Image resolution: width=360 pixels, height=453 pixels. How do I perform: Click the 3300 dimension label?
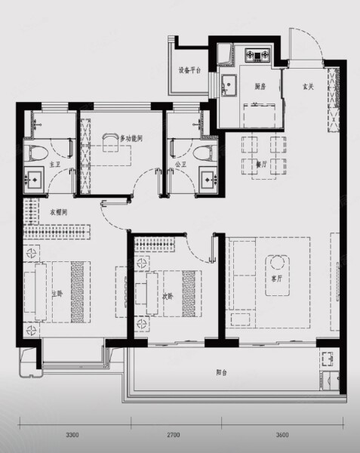coord(72,436)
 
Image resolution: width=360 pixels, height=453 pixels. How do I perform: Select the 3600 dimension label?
coord(282,436)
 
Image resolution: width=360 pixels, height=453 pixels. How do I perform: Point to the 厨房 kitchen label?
coord(260,86)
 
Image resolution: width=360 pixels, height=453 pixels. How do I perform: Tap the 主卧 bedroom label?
coord(56,293)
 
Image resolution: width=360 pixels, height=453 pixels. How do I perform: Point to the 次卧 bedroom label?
coord(168,296)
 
